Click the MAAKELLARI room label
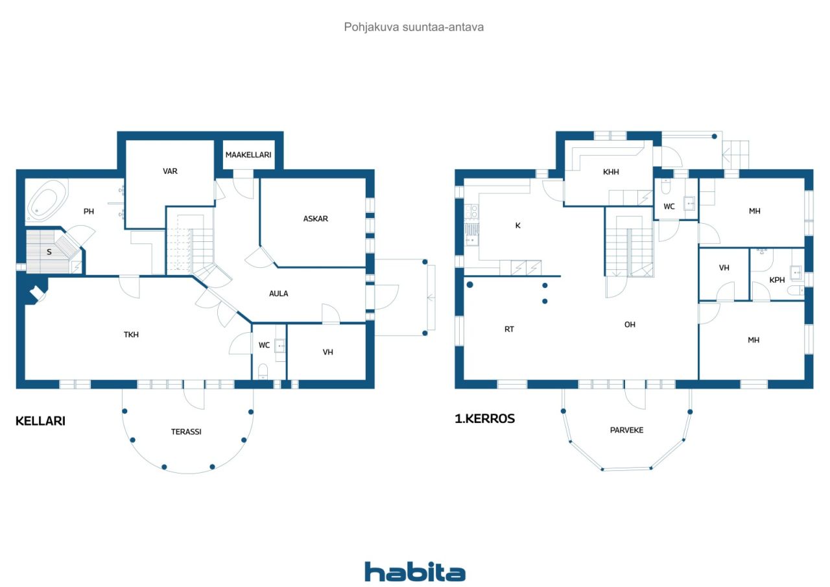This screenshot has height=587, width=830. click(x=248, y=155)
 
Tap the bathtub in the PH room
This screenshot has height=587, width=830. click(x=47, y=201)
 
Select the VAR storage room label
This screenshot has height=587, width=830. click(x=170, y=171)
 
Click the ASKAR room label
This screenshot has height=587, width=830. click(x=315, y=219)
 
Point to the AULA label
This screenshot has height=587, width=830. click(x=278, y=293)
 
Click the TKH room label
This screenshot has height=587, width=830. click(x=131, y=335)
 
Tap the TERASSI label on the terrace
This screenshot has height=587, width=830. click(x=186, y=432)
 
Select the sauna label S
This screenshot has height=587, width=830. click(x=49, y=252)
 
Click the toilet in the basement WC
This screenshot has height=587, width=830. click(x=263, y=371)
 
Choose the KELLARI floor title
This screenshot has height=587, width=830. click(x=40, y=421)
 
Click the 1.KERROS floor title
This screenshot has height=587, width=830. click(x=484, y=419)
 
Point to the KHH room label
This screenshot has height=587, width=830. click(x=611, y=172)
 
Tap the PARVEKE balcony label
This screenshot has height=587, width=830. click(x=626, y=430)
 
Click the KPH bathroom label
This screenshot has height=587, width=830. click(x=777, y=280)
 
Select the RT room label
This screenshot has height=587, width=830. click(x=509, y=329)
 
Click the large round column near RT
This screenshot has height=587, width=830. click(x=470, y=285)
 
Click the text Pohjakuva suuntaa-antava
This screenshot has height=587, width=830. click(x=414, y=27)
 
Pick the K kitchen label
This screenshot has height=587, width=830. click(x=517, y=225)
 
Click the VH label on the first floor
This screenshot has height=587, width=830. click(x=724, y=268)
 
